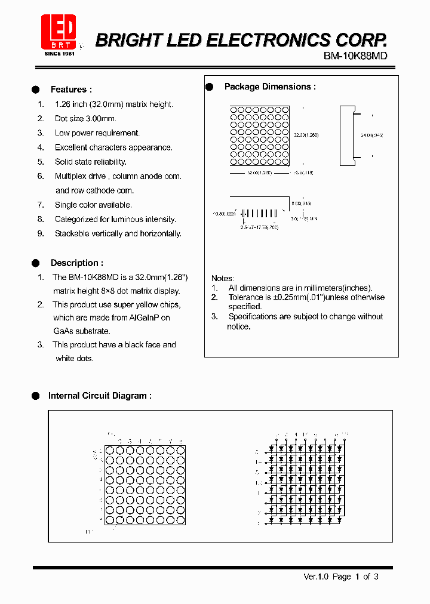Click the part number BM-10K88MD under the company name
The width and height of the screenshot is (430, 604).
tap(355, 56)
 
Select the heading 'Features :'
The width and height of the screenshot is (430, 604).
tap(71, 90)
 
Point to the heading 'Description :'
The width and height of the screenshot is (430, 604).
tap(76, 263)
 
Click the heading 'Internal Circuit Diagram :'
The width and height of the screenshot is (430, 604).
tap(100, 396)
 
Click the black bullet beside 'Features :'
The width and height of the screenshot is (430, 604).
tap(36, 90)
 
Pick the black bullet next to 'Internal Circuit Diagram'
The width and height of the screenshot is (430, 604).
tap(36, 396)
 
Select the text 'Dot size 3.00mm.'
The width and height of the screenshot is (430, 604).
tap(85, 119)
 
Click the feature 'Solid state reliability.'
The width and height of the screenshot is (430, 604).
tap(90, 162)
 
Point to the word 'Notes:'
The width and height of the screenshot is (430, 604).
tap(223, 278)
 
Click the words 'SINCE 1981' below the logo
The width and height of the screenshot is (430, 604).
tap(60, 54)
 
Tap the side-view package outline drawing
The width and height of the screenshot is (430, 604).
tap(348, 135)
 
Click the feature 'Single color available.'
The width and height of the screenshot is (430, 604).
tap(93, 205)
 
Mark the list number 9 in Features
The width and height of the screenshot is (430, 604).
tap(41, 233)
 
